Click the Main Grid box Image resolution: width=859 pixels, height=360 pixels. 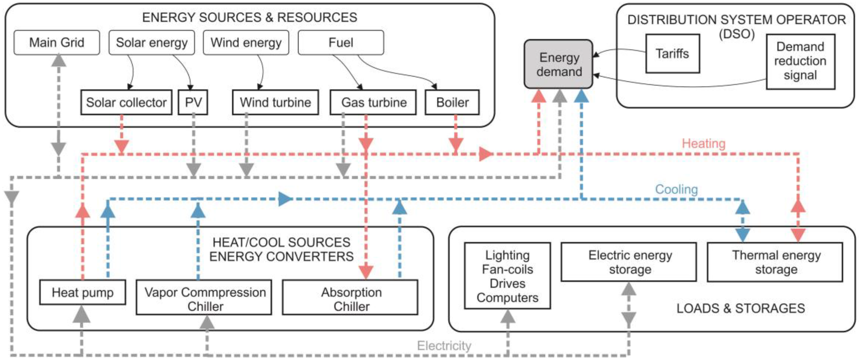(x=57, y=43)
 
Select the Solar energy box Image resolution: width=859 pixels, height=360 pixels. (x=152, y=43)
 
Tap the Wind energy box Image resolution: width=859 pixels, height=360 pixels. (x=246, y=43)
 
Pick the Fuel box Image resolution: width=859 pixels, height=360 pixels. (x=341, y=43)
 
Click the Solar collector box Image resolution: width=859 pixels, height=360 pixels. (x=126, y=102)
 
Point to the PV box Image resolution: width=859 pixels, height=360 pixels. (x=193, y=102)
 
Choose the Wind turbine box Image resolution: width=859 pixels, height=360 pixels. (x=275, y=102)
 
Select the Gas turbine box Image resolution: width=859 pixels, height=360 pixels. (x=373, y=102)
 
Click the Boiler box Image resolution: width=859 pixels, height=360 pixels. (x=452, y=102)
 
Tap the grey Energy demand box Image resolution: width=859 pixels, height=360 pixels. (x=558, y=64)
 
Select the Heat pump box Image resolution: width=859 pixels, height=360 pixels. (x=83, y=292)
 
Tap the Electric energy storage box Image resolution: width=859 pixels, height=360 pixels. (x=629, y=262)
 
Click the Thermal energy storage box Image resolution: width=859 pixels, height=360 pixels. (x=775, y=262)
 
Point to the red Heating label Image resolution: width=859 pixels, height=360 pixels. (x=704, y=143)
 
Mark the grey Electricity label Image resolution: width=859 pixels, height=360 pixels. (x=444, y=346)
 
